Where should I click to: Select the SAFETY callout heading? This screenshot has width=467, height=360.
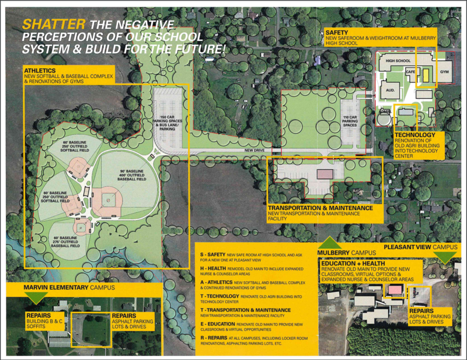(x=338, y=31)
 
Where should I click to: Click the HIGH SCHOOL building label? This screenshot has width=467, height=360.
(x=398, y=61)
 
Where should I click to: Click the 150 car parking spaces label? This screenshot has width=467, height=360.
(x=168, y=121)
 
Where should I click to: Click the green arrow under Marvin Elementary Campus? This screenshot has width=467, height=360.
(x=36, y=296)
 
